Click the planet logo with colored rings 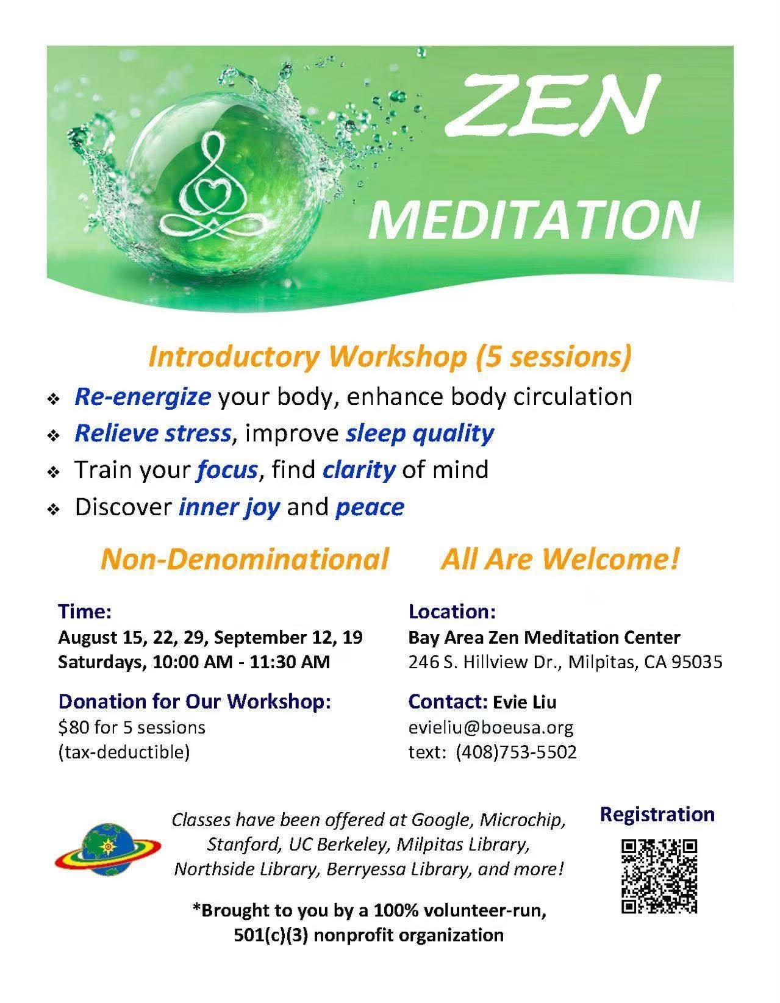[x=107, y=848]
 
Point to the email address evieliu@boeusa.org [x=491, y=727]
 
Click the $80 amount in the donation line [x=74, y=727]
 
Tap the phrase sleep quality [x=420, y=435]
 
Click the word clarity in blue [x=359, y=471]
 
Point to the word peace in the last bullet [x=370, y=508]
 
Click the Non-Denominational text [x=245, y=559]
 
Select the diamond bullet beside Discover [x=54, y=510]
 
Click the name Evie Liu [x=524, y=702]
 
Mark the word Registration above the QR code [x=657, y=814]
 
